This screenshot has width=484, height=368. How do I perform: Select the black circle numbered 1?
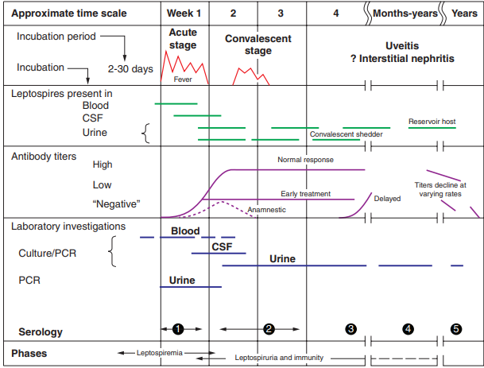(179, 328)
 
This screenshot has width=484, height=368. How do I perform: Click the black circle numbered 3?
(351, 328)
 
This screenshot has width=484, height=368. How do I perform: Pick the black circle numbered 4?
(408, 328)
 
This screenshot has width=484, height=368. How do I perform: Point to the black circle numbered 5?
(456, 328)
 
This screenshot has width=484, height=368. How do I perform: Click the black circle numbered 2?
(269, 328)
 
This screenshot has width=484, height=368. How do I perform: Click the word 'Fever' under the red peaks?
(183, 79)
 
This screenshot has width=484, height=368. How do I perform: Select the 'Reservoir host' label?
(432, 122)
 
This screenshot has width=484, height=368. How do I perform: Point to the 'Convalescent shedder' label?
(347, 135)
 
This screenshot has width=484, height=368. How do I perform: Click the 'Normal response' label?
(305, 160)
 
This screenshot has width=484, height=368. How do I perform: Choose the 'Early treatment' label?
(305, 194)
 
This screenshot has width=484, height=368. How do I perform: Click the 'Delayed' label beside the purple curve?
(387, 198)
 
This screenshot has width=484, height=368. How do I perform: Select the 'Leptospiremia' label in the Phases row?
(161, 351)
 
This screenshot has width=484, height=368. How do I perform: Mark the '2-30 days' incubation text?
(131, 69)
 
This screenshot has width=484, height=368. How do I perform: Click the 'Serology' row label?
(41, 331)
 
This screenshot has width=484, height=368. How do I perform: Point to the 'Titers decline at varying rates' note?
(441, 189)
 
